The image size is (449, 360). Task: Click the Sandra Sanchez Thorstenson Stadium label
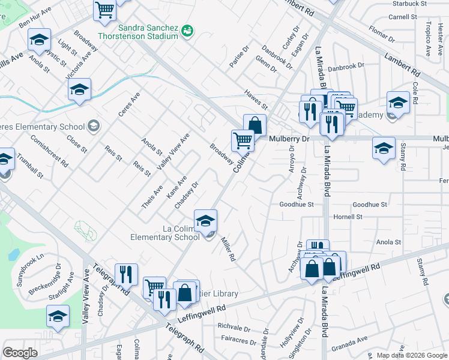tap(148, 32)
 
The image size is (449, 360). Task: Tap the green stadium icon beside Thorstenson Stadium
tap(187, 29)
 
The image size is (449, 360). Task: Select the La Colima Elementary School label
tap(165, 233)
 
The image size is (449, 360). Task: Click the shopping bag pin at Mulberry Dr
tap(255, 126)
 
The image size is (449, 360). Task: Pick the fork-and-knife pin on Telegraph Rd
tap(126, 275)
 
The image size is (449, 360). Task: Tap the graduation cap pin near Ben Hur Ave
tap(39, 40)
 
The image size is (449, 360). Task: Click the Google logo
tap(20, 353)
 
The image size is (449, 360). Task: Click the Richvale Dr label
tap(234, 328)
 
